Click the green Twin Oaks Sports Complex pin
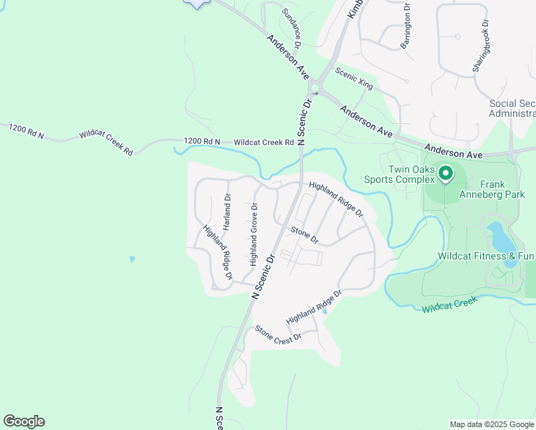click(444, 173)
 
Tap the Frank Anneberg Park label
click(502, 189)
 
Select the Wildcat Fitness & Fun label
click(487, 256)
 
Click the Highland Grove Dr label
click(253, 234)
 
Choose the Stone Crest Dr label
click(279, 335)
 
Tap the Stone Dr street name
click(305, 234)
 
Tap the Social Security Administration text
click(512, 108)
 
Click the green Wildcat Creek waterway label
click(449, 306)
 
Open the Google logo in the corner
click(24, 421)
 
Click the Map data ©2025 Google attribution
click(492, 424)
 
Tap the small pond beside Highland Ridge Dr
click(325, 311)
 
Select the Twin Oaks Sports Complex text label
click(411, 174)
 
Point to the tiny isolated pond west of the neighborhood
click(131, 259)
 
